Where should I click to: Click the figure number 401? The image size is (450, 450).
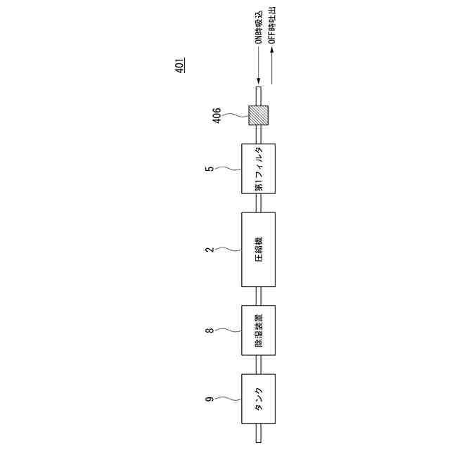pyautogui.click(x=180, y=66)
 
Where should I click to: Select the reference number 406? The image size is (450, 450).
pyautogui.click(x=217, y=115)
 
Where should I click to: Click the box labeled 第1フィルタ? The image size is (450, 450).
pyautogui.click(x=258, y=169)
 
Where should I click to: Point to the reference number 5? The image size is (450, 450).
pyautogui.click(x=210, y=169)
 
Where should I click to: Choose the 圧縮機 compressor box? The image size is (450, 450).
pyautogui.click(x=258, y=250)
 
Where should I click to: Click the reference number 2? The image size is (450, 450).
pyautogui.click(x=210, y=250)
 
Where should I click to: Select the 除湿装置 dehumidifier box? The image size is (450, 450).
pyautogui.click(x=258, y=330)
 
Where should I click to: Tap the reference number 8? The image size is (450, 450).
pyautogui.click(x=210, y=330)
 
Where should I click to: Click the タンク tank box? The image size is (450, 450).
pyautogui.click(x=258, y=399)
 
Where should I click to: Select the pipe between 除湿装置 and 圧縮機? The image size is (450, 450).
pyautogui.click(x=258, y=296)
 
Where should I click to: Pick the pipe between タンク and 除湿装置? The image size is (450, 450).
pyautogui.click(x=258, y=364)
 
